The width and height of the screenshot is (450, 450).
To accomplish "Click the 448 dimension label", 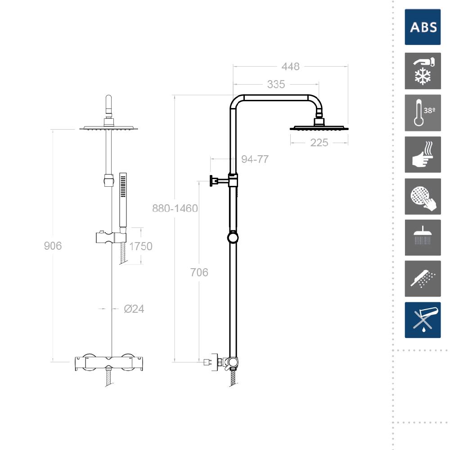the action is click(x=290, y=67).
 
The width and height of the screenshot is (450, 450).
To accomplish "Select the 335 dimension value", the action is click(x=276, y=85).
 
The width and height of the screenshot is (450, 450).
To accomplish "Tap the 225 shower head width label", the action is click(x=319, y=143).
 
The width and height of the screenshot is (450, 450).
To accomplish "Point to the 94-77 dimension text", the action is click(x=255, y=159).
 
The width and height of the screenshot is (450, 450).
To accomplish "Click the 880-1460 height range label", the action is click(x=175, y=208).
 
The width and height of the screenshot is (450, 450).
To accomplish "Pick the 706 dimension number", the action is click(x=199, y=272).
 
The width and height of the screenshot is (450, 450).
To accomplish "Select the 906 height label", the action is click(x=53, y=246).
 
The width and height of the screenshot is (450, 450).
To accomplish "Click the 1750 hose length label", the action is click(x=140, y=246).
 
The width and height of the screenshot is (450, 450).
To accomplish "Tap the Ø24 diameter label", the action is click(x=134, y=309).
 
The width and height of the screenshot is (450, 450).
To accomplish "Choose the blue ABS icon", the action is click(x=423, y=27).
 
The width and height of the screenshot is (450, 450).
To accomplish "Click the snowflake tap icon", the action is click(x=423, y=71).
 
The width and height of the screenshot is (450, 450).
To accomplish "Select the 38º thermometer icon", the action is click(x=423, y=113).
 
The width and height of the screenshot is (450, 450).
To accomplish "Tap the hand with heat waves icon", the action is click(x=423, y=155).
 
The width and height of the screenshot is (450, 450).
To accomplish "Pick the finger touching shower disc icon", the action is click(x=423, y=197).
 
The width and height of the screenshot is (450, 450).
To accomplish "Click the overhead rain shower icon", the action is click(x=423, y=238).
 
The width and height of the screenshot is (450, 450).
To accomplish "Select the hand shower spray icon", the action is click(x=423, y=279).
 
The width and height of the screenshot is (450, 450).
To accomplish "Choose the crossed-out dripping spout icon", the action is click(x=423, y=320).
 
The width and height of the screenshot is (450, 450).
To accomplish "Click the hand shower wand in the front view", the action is click(x=123, y=201).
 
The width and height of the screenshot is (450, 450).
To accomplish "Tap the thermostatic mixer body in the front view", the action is click(x=109, y=362).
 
